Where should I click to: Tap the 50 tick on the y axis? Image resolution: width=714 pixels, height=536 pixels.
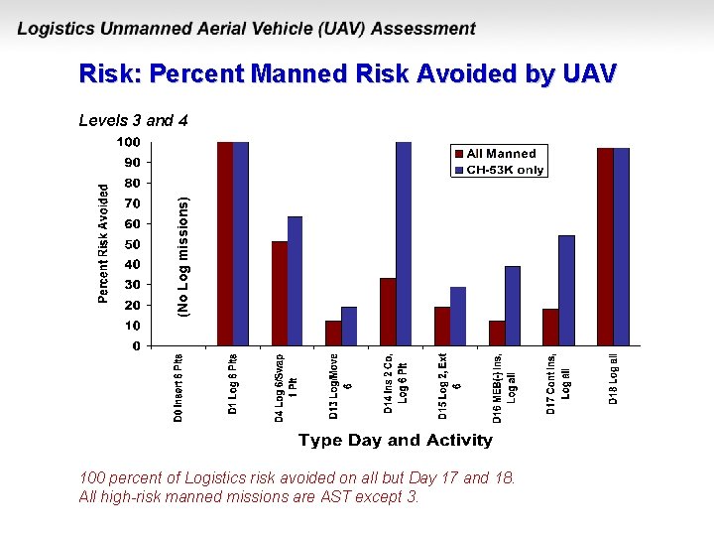click(132, 244)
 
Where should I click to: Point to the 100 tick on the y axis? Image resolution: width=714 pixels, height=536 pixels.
click(129, 142)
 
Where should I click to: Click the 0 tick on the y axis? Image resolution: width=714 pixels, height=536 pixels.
click(136, 346)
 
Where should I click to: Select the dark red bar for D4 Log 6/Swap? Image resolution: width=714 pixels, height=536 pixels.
click(280, 294)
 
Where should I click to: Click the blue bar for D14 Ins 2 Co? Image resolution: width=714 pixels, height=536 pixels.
click(404, 244)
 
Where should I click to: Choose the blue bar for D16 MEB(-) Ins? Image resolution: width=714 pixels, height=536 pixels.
click(512, 306)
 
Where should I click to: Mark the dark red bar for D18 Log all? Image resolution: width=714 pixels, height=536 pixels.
click(605, 247)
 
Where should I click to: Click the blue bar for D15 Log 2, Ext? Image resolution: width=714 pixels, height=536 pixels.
click(458, 317)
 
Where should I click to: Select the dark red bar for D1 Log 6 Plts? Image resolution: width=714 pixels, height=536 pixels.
click(225, 244)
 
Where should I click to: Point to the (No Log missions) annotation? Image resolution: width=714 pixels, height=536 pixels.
click(183, 257)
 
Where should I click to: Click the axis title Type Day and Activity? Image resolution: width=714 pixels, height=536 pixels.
click(395, 440)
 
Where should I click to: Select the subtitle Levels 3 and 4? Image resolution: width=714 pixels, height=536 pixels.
click(133, 121)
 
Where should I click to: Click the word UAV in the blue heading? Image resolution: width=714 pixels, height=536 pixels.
click(589, 74)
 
